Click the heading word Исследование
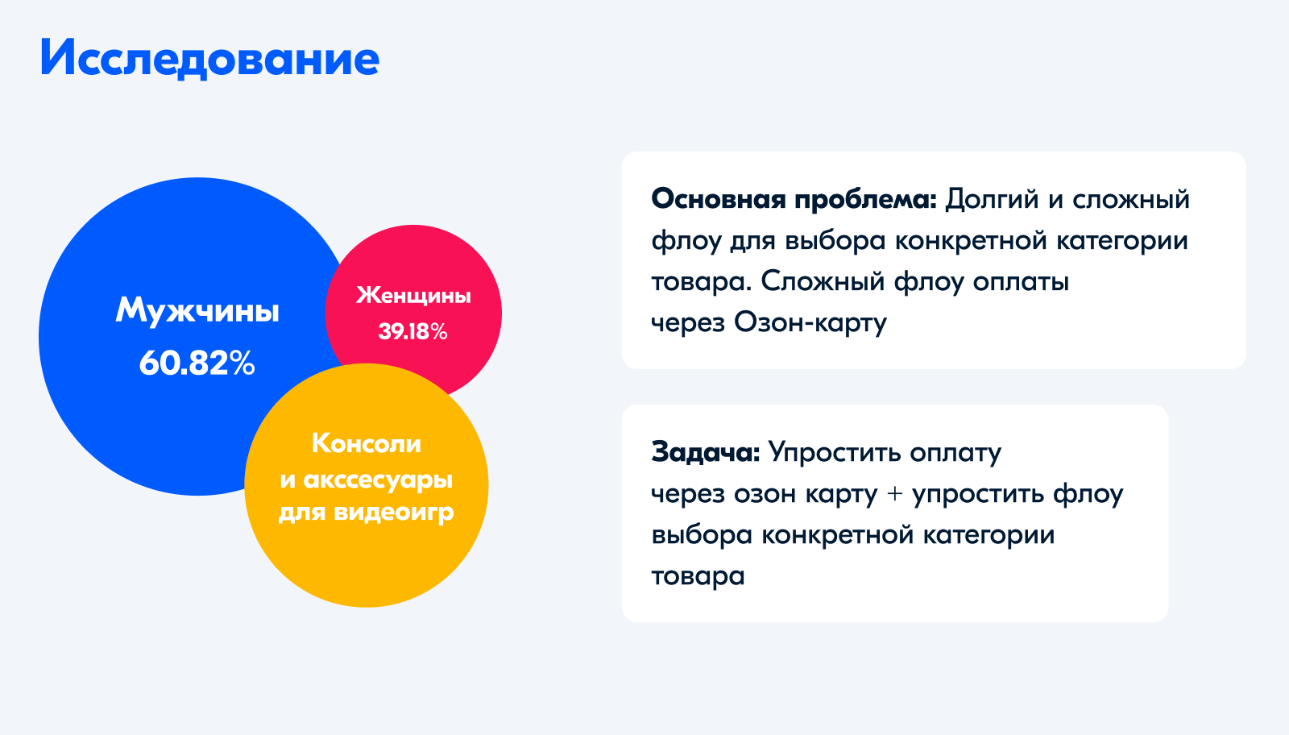coord(209,59)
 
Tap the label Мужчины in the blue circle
coord(197,311)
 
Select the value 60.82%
coord(197,363)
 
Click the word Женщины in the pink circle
coord(413,296)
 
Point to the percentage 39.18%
coord(413,331)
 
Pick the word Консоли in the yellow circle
coord(367,443)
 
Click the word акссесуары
coord(378,480)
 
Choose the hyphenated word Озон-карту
coord(810,323)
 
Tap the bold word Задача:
coord(706,453)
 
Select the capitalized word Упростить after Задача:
coord(835,454)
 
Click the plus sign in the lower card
coord(895,494)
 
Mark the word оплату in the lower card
coord(955,454)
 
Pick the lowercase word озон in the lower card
coord(765,494)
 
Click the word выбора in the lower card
coord(702,535)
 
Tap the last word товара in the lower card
coord(698,576)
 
